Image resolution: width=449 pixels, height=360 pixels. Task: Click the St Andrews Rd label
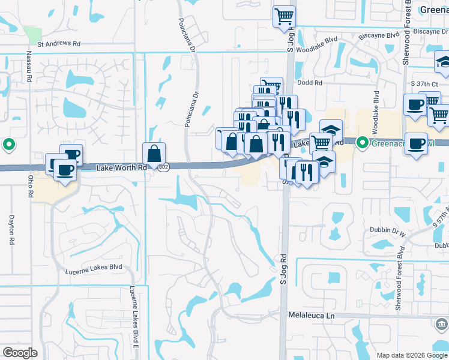coord(59,44)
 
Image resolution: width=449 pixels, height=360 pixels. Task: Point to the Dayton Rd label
coord(11,230)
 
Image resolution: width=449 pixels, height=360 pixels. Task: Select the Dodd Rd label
coord(309,83)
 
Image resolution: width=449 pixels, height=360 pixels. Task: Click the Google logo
coord(20,353)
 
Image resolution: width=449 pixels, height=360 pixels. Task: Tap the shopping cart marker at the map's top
coord(285,16)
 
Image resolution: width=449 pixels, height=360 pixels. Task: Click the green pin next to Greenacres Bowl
coord(362,143)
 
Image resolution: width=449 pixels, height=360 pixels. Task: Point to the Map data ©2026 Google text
coord(411,355)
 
